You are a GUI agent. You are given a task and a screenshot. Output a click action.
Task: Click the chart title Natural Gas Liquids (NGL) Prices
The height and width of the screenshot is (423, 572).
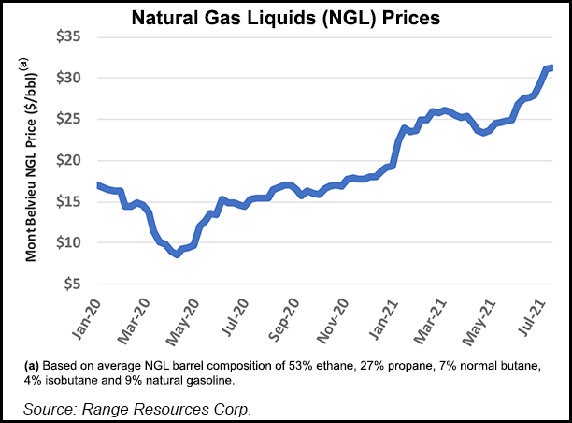287,16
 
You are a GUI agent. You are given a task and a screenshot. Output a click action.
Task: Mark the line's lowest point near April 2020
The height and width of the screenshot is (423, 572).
177,254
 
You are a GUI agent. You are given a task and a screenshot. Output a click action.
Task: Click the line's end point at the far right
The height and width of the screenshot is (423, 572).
552,67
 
